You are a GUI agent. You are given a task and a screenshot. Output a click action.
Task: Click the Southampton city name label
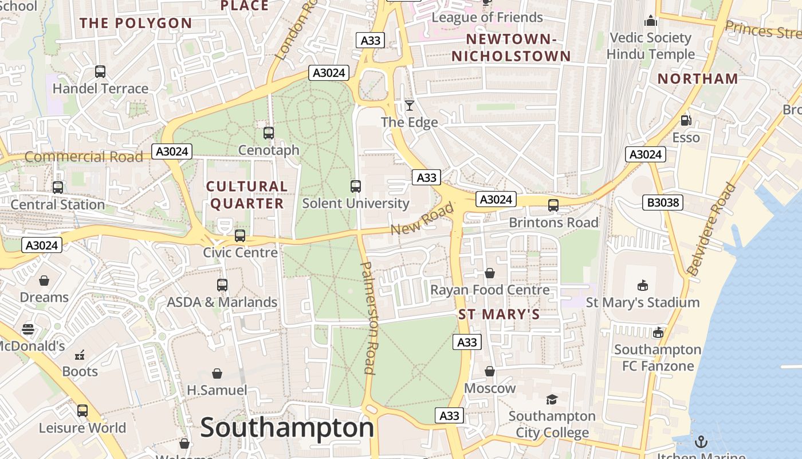pyautogui.click(x=287, y=428)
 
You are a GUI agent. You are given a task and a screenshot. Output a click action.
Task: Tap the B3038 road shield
pyautogui.click(x=662, y=202)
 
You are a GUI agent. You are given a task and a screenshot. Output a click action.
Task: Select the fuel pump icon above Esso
pyautogui.click(x=686, y=120)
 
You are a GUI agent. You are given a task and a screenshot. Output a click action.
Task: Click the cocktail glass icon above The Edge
pyautogui.click(x=410, y=105)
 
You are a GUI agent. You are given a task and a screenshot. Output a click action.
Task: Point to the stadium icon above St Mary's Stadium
pyautogui.click(x=643, y=285)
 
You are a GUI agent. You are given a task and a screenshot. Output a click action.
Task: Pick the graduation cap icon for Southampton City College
pyautogui.click(x=552, y=399)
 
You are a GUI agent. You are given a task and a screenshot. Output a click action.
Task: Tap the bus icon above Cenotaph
pyautogui.click(x=269, y=133)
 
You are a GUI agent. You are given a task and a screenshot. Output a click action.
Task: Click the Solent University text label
pyautogui.click(x=356, y=204)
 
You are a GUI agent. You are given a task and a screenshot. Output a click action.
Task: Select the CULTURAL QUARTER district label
pyautogui.click(x=246, y=195)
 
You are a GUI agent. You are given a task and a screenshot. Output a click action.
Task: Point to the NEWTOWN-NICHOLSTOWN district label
pyautogui.click(x=512, y=48)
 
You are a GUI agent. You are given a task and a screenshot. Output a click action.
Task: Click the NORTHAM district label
pyautogui.click(x=698, y=79)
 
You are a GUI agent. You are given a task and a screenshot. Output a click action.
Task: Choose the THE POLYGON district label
pyautogui.click(x=136, y=24)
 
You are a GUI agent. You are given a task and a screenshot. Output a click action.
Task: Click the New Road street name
pyautogui.click(x=422, y=219)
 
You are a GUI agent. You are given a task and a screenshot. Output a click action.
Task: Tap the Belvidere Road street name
pyautogui.click(x=711, y=229)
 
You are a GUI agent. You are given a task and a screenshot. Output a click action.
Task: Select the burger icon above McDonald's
pyautogui.click(x=28, y=329)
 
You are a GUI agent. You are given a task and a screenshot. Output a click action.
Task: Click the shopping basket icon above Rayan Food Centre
pyautogui.click(x=490, y=273)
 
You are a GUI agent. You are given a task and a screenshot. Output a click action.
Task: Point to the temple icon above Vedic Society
pyautogui.click(x=651, y=21)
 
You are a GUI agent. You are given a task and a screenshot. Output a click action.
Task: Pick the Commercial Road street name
pyautogui.click(x=84, y=157)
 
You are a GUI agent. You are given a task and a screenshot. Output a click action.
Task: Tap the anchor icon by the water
pyautogui.click(x=701, y=441)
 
